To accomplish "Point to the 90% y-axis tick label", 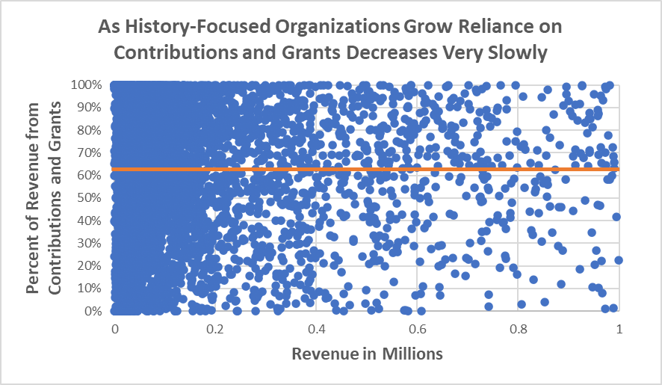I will (x=90, y=107).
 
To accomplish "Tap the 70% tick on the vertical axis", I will (x=90, y=153).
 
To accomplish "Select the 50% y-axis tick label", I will (x=90, y=197).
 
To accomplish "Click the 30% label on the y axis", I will (x=90, y=243).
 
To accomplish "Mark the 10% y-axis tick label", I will (x=90, y=288).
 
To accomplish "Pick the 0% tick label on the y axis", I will (x=93, y=311).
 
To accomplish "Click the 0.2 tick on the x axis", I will (x=215, y=329).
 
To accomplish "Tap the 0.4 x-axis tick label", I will (x=316, y=329).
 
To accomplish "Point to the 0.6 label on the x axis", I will (x=417, y=329).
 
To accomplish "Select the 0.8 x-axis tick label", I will (x=518, y=329).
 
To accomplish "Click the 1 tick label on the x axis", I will (x=619, y=329).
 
